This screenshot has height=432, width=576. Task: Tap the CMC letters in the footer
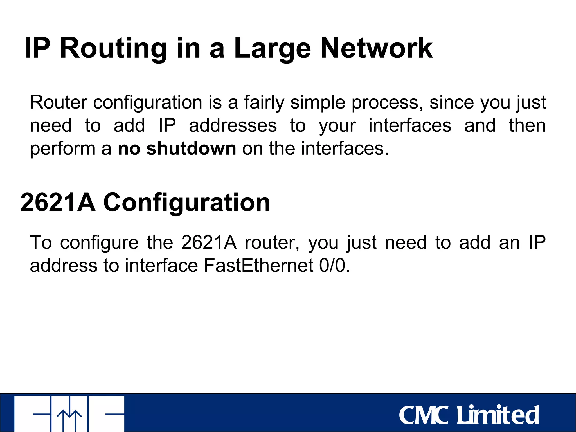click(424, 415)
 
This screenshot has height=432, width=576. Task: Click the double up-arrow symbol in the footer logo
click(69, 419)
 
